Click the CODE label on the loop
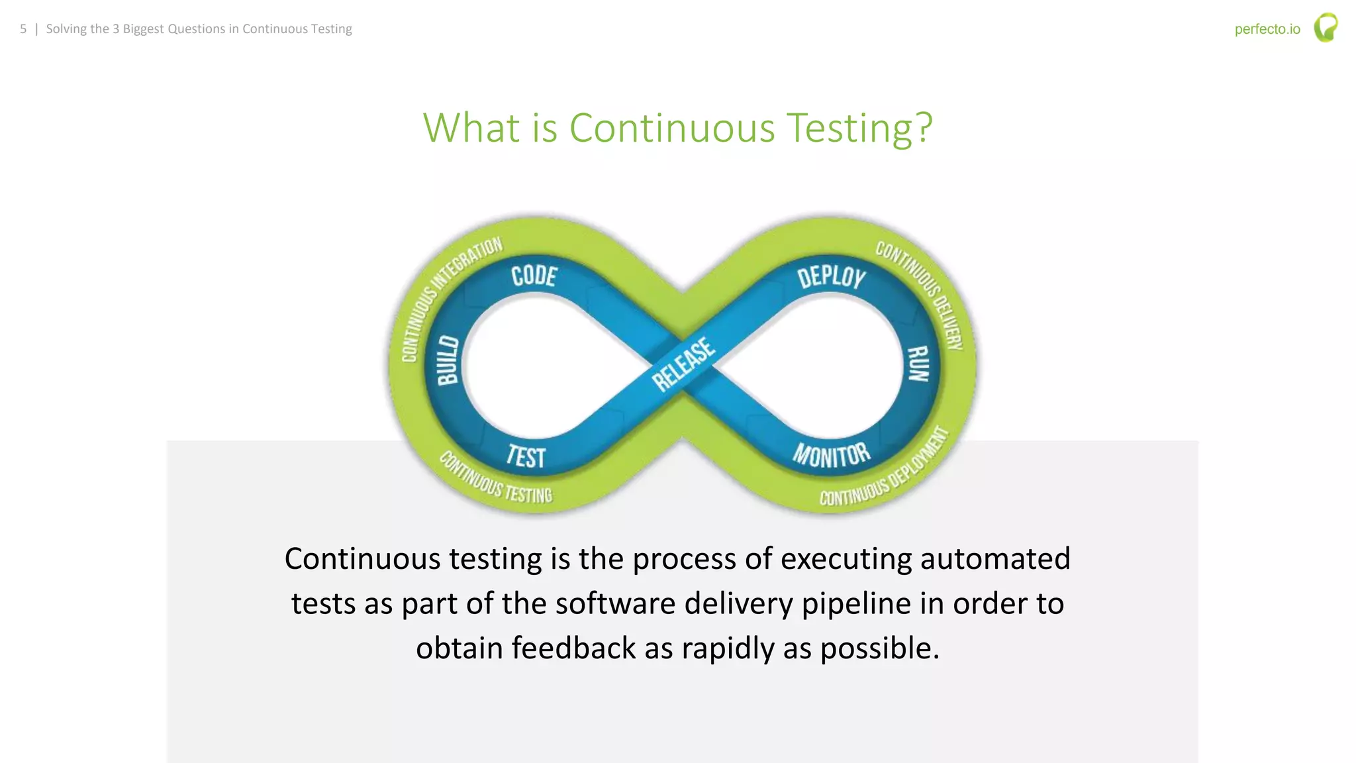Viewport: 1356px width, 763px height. [534, 276]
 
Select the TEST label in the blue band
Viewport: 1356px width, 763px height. [526, 456]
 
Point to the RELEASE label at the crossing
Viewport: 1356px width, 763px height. [683, 364]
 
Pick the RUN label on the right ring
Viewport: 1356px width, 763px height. [918, 364]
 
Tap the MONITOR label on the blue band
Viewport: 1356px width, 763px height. [832, 455]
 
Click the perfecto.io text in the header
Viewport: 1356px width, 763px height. [1267, 29]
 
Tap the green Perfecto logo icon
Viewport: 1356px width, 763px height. [1326, 28]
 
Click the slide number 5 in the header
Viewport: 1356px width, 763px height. [23, 29]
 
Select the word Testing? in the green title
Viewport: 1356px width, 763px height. [859, 127]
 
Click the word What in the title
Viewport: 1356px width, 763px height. [471, 127]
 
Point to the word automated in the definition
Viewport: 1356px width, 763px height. [995, 558]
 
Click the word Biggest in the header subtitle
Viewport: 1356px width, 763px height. [142, 29]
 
